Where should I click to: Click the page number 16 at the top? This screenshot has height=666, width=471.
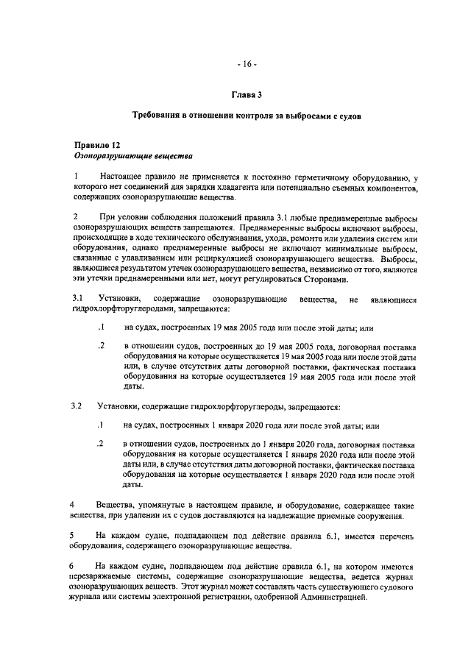246,64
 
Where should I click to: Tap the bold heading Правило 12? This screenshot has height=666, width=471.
97,146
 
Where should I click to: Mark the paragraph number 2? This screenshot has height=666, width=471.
75,217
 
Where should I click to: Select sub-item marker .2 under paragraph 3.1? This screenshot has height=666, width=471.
101,345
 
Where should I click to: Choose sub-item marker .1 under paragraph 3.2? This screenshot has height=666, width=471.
101,425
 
